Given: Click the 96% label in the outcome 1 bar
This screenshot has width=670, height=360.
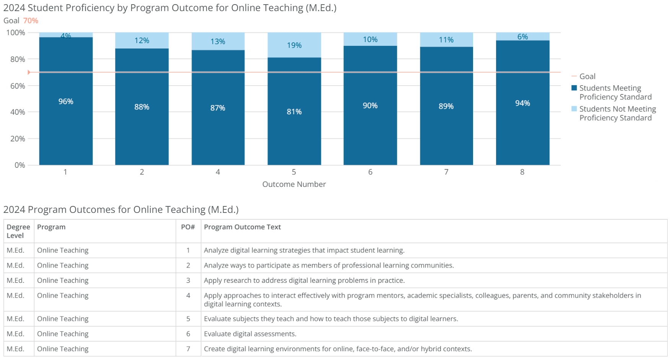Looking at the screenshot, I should pyautogui.click(x=66, y=101).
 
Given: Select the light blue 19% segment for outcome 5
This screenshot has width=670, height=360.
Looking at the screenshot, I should pyautogui.click(x=294, y=45).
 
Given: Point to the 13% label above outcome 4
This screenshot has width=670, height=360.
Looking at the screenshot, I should pyautogui.click(x=218, y=41).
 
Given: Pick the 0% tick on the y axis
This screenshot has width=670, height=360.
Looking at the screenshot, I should pyautogui.click(x=20, y=165).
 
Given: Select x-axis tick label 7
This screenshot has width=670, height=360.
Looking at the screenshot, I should pyautogui.click(x=446, y=172).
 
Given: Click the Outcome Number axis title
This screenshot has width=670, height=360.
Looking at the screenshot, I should pyautogui.click(x=294, y=184).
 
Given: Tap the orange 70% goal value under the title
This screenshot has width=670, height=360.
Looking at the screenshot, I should pyautogui.click(x=31, y=21).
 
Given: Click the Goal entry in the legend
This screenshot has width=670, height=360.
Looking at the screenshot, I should pyautogui.click(x=587, y=76).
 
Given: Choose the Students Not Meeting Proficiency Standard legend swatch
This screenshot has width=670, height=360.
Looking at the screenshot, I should pyautogui.click(x=574, y=109).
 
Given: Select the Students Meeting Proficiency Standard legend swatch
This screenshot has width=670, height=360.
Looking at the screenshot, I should pyautogui.click(x=574, y=88).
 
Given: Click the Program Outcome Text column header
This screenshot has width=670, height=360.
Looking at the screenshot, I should pyautogui.click(x=242, y=227).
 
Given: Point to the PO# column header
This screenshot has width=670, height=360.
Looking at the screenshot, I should pyautogui.click(x=188, y=227).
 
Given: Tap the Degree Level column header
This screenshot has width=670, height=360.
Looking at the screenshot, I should pyautogui.click(x=18, y=231).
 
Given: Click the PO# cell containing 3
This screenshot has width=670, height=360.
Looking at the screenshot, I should pyautogui.click(x=188, y=280).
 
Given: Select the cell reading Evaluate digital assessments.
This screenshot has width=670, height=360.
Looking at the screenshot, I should pyautogui.click(x=250, y=334).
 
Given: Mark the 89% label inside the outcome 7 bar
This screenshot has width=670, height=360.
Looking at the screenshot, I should pyautogui.click(x=446, y=106).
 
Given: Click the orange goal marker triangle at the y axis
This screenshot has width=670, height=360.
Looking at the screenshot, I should pyautogui.click(x=29, y=72).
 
